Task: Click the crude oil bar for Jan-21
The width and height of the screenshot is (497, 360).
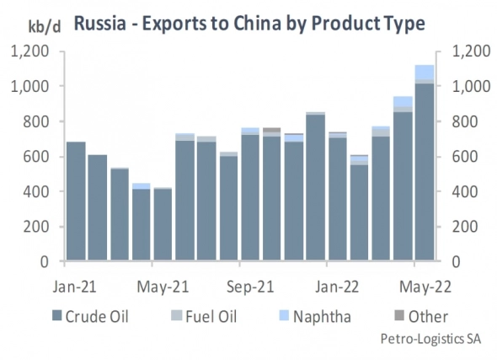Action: (76, 202)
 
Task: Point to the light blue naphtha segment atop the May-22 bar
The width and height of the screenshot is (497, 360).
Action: (425, 72)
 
